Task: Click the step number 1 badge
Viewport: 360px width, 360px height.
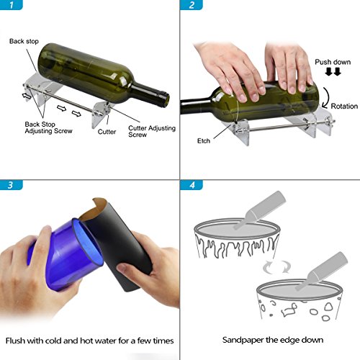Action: tap(11, 5)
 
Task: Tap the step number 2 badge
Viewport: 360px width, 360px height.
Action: tap(192, 5)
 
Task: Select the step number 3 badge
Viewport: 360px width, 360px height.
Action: tap(11, 185)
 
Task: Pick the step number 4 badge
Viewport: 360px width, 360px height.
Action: tap(192, 185)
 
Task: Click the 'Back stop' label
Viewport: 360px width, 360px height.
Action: tap(24, 41)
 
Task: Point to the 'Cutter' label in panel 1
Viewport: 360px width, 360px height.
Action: tap(107, 132)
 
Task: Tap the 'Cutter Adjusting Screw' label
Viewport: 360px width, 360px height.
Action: tap(152, 131)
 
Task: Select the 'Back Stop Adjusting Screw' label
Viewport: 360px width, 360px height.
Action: tap(48, 127)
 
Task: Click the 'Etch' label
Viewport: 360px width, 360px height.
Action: tap(204, 140)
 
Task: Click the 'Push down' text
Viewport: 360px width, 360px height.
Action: tap(333, 62)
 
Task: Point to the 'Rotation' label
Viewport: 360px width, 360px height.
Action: tap(344, 106)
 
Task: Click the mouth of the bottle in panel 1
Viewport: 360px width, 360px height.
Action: tap(166, 99)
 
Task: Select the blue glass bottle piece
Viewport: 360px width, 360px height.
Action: tap(65, 254)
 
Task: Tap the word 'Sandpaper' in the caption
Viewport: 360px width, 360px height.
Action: tap(243, 340)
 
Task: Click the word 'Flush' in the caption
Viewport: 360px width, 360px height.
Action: tap(15, 341)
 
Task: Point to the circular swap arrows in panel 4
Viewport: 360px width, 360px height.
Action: tap(276, 267)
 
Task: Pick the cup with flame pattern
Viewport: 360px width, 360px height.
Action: tap(237, 238)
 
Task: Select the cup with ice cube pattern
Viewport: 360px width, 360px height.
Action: tap(300, 300)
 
